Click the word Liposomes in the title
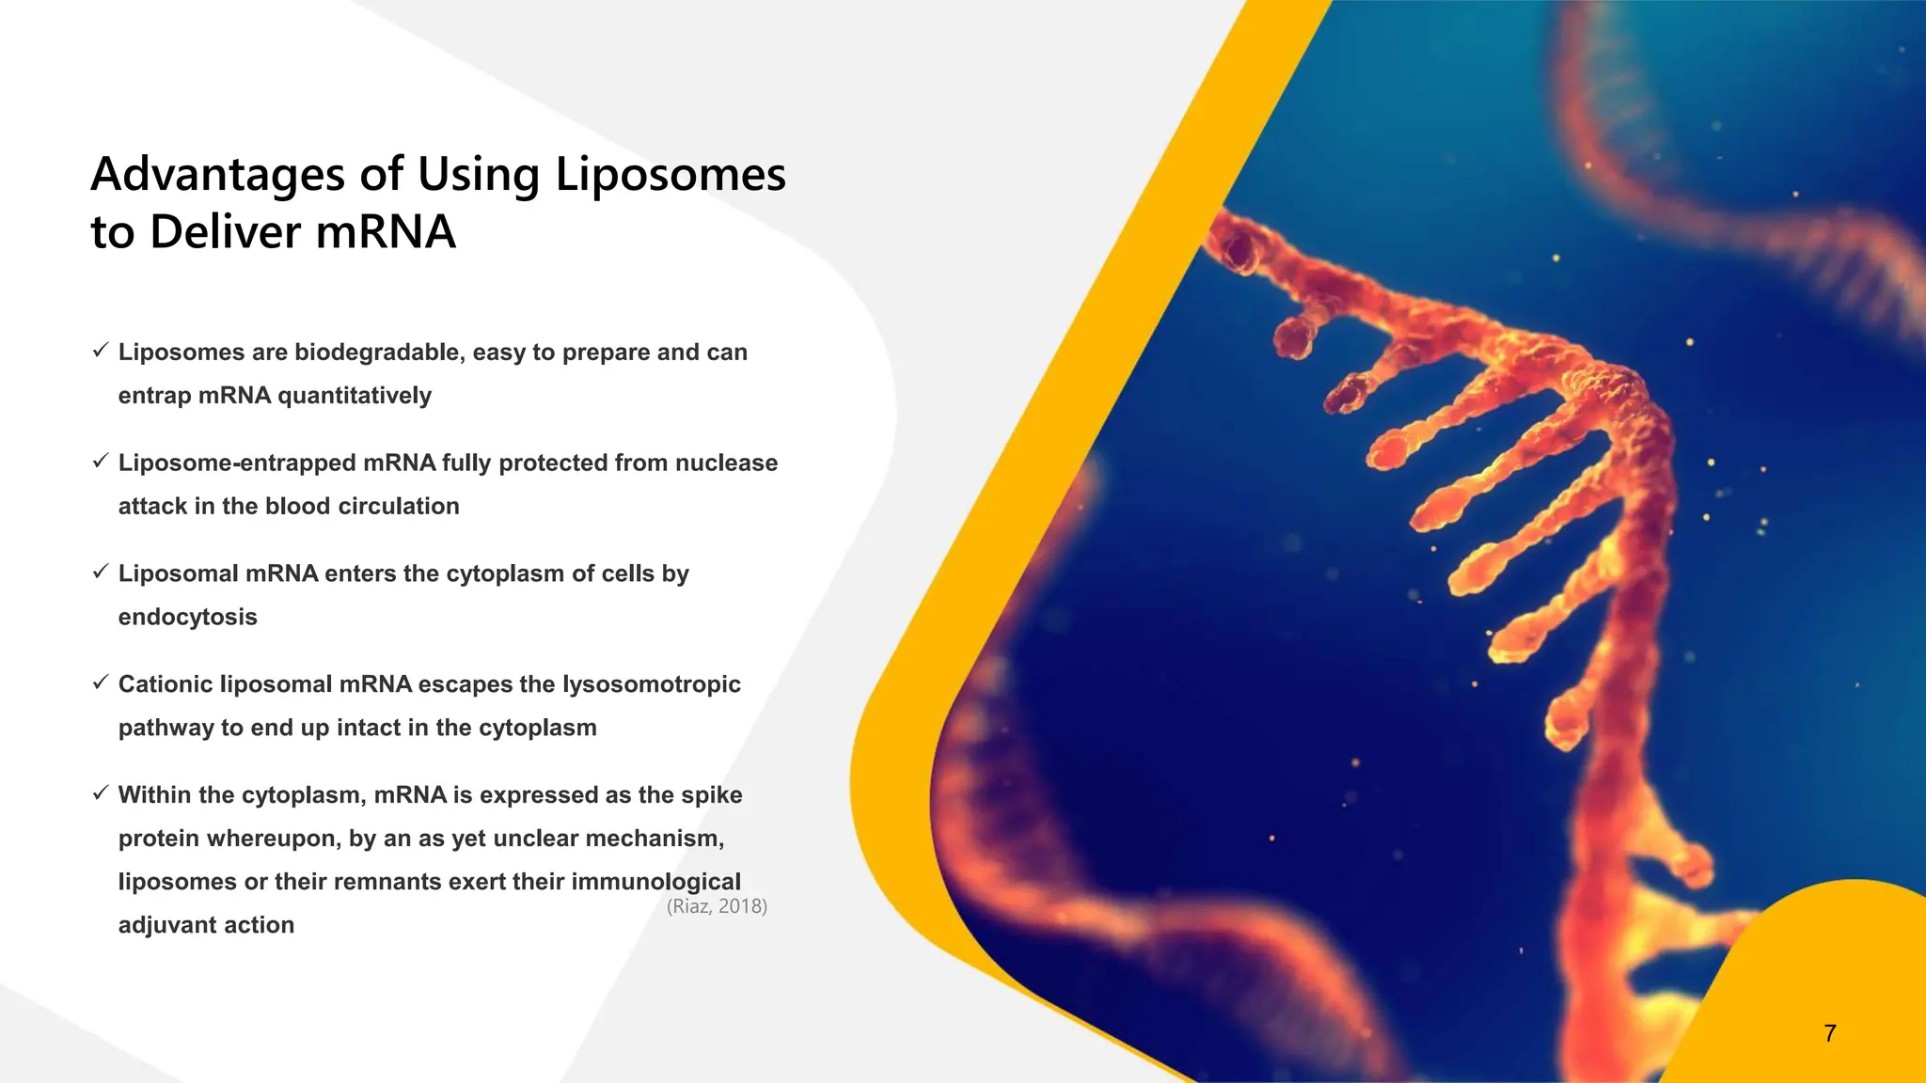[x=670, y=176]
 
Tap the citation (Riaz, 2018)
[x=717, y=906]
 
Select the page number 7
[x=1829, y=1033]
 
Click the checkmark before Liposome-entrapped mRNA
[x=101, y=462]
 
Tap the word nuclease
[x=726, y=463]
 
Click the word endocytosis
[x=187, y=618]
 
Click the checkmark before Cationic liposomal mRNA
[x=101, y=683]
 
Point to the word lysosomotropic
[x=651, y=684]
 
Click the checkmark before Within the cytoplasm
[x=101, y=794]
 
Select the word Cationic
[x=166, y=684]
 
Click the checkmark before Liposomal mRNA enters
[x=101, y=573]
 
